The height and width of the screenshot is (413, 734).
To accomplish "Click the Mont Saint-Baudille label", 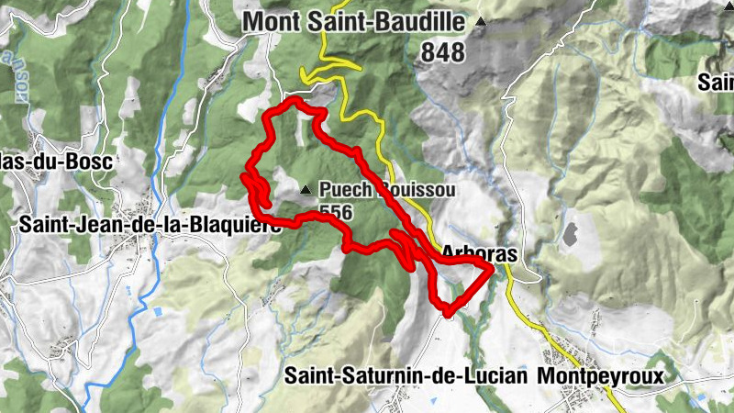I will [358, 22].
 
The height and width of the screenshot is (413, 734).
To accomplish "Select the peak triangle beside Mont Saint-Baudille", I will [480, 20].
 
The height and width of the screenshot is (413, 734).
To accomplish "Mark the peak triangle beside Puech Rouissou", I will [306, 190].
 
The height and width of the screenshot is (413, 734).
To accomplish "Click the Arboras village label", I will [479, 251].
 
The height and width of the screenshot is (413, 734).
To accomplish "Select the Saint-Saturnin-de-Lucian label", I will [405, 375].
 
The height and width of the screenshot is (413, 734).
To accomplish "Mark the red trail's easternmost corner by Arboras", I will [492, 268].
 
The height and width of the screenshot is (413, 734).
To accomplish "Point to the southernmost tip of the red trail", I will [447, 315].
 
